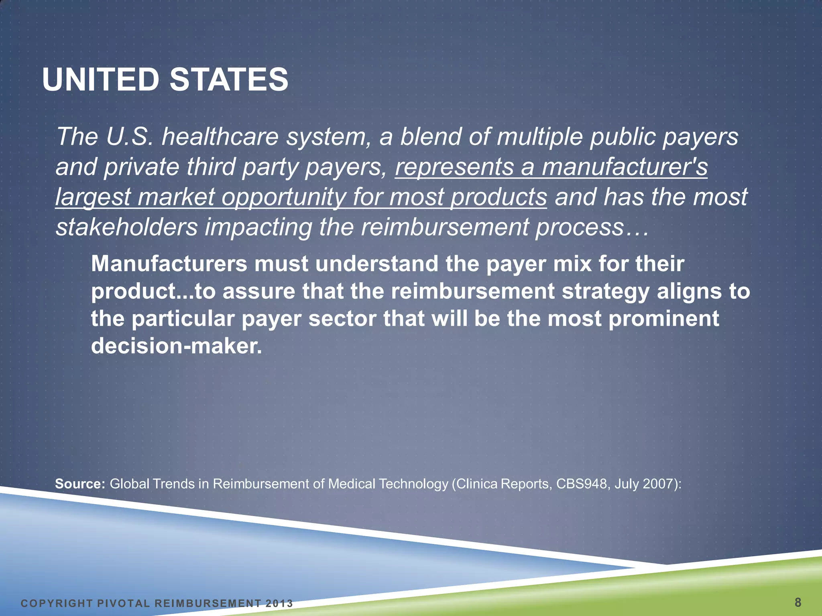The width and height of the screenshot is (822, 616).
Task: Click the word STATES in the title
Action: pos(229,79)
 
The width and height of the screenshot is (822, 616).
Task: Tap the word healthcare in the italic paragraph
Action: pos(220,137)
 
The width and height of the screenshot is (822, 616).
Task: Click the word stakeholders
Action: pos(126,227)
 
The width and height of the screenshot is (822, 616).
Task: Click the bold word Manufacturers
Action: pos(169,264)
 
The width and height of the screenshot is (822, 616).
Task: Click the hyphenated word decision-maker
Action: pos(176,346)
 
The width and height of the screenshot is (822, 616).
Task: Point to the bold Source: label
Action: pos(80,484)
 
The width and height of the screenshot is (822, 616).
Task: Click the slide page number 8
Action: pos(798,602)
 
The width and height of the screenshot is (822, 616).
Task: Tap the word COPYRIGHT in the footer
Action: pos(57,604)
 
